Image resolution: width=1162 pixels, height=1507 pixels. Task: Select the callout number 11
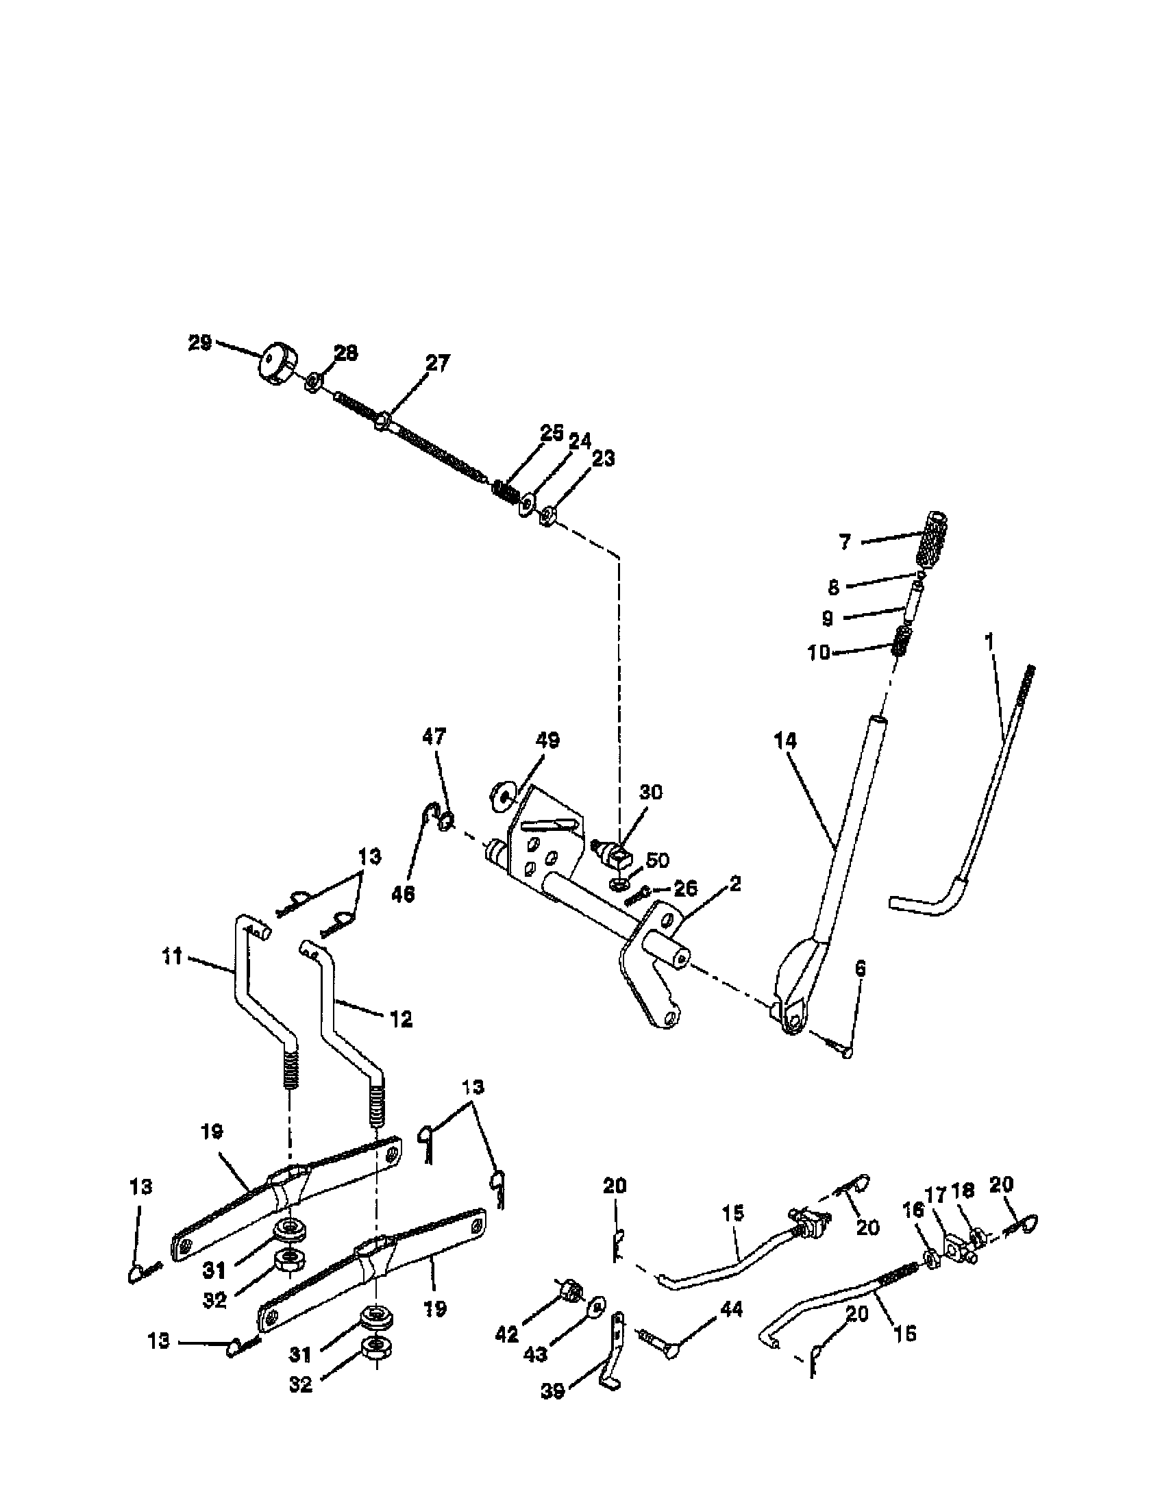(173, 956)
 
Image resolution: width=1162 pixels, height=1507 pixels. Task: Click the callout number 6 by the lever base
(860, 970)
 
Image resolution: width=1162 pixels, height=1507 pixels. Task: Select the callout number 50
(657, 860)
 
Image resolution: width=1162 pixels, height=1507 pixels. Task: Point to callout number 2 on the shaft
(734, 884)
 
